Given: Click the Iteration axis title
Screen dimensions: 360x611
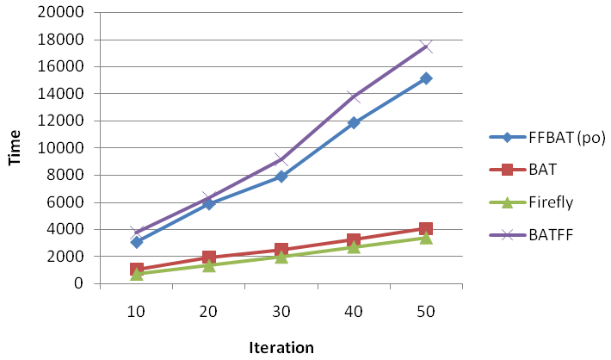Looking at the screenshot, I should [281, 347].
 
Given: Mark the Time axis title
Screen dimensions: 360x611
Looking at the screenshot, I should [15, 147].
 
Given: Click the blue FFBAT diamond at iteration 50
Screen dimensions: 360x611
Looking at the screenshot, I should [426, 78].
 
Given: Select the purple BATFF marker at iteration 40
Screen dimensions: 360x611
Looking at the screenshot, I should [354, 96].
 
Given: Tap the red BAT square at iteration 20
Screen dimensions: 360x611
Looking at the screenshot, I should [209, 258].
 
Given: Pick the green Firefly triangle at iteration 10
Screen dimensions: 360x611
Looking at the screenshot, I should [137, 273].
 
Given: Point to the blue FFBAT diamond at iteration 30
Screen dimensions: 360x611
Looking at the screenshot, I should [281, 177].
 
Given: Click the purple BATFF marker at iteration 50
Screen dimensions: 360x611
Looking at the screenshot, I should [426, 47].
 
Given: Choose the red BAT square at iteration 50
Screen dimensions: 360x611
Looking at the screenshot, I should [426, 228].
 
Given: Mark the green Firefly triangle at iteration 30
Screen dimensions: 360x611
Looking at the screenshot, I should [281, 257].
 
